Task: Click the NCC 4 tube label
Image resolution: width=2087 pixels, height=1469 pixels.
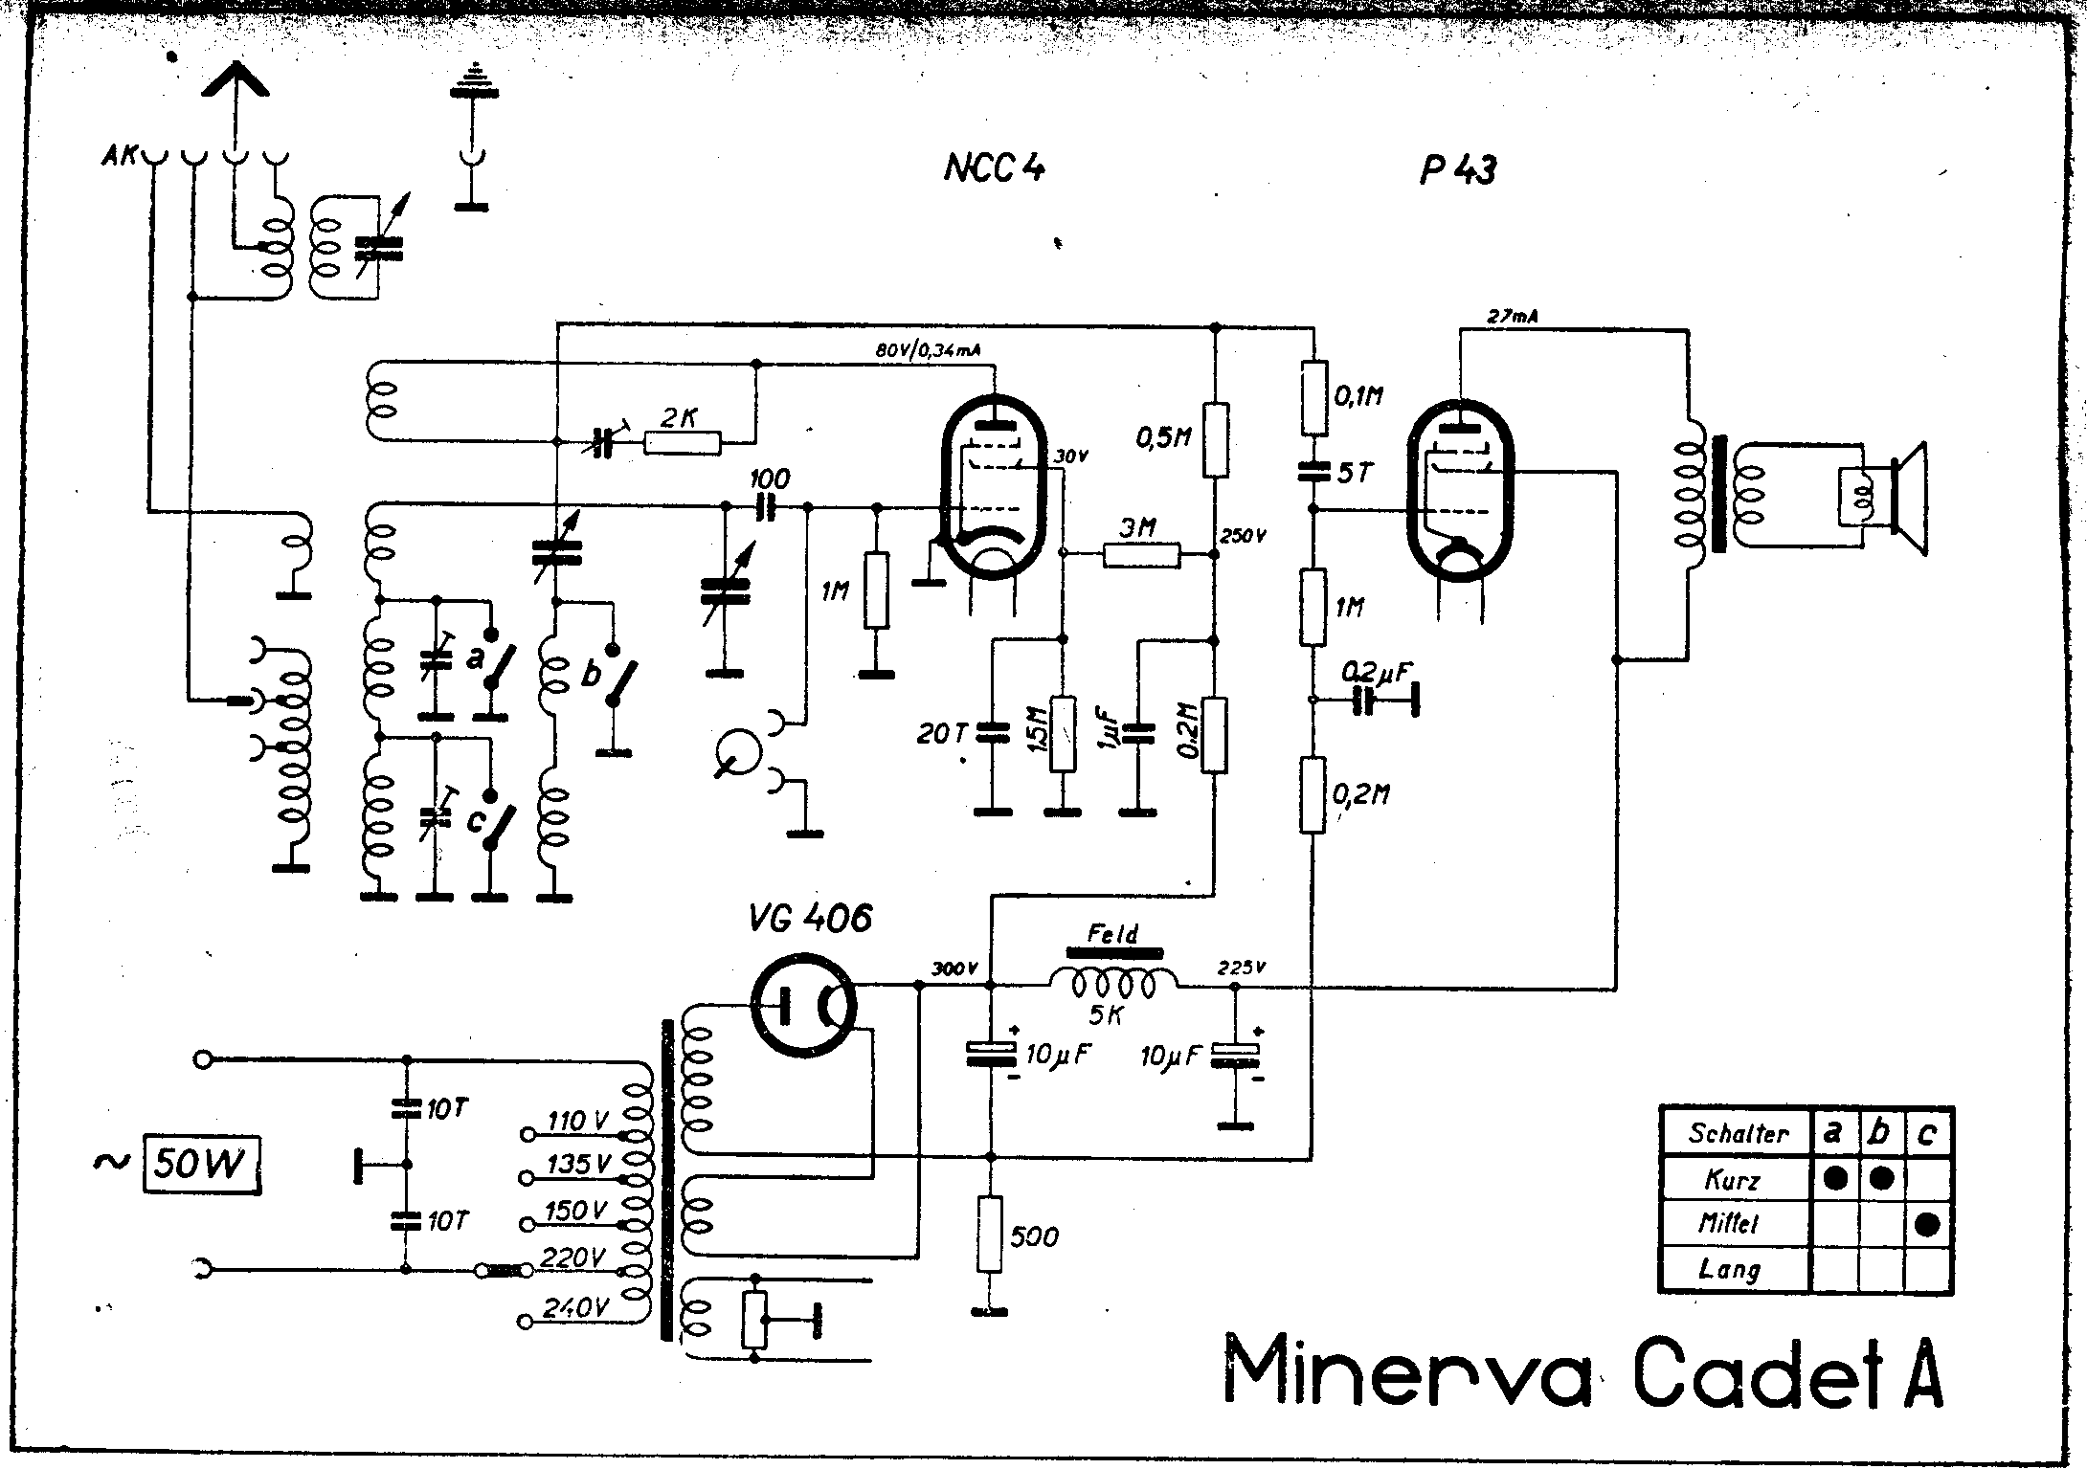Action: (x=995, y=168)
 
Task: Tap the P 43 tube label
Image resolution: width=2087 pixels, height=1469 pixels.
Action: (x=1457, y=170)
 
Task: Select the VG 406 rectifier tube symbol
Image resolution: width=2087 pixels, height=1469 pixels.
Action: (x=802, y=1005)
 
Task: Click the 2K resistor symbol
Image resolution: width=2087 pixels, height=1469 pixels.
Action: (x=683, y=442)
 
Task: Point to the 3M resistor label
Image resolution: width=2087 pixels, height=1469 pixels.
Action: (x=1138, y=525)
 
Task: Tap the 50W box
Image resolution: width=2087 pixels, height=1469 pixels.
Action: (x=202, y=1164)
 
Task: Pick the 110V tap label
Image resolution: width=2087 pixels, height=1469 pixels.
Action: (x=577, y=1120)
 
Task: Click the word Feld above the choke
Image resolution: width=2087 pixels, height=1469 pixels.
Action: (x=1113, y=933)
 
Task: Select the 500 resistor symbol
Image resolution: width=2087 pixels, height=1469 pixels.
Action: (x=990, y=1235)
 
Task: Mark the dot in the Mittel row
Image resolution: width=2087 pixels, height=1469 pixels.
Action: (x=1928, y=1224)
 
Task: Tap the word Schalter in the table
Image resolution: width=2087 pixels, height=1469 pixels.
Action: (x=1738, y=1134)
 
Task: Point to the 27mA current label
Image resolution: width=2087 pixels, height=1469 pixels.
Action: (x=1513, y=317)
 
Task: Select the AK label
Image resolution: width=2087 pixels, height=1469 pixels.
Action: (x=120, y=155)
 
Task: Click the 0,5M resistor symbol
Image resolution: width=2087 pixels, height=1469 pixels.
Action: (x=1215, y=440)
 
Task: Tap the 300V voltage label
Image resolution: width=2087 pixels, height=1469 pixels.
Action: (x=954, y=968)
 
